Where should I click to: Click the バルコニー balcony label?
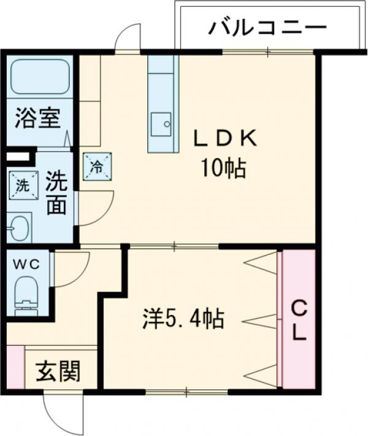266,28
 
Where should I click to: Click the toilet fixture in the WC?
26,292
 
